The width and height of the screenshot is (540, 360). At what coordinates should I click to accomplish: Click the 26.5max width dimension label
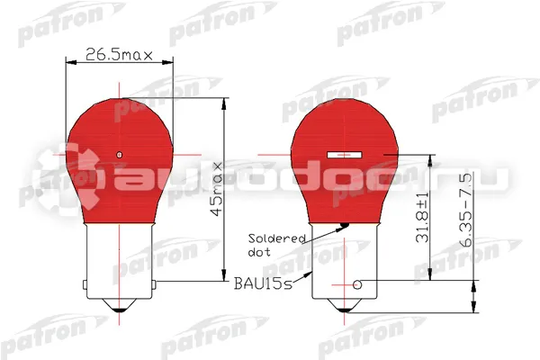pyautogui.click(x=119, y=54)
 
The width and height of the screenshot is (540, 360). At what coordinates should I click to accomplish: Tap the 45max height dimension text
pyautogui.click(x=218, y=189)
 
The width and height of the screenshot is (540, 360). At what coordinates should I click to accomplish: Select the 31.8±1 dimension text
pyautogui.click(x=422, y=217)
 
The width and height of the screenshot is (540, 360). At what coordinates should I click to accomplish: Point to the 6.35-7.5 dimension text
pyautogui.click(x=466, y=210)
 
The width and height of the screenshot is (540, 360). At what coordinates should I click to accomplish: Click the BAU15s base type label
pyautogui.click(x=263, y=283)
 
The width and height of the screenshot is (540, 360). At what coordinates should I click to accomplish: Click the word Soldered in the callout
pyautogui.click(x=277, y=238)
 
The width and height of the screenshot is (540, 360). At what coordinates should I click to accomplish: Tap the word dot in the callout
pyautogui.click(x=259, y=252)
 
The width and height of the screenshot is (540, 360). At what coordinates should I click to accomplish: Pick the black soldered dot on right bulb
pyautogui.click(x=344, y=226)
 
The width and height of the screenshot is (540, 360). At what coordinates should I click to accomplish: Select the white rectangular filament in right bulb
pyautogui.click(x=345, y=155)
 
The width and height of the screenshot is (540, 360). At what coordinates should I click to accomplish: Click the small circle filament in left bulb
pyautogui.click(x=120, y=155)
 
